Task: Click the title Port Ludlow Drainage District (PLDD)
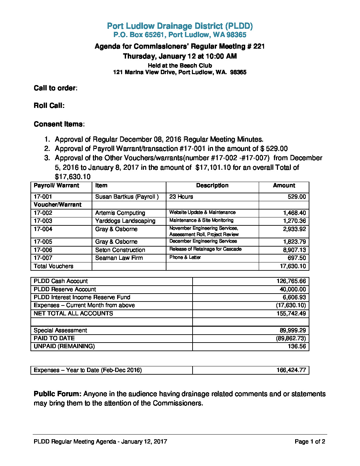coord(180,26)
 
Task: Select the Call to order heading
coord(55,88)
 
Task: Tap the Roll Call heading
coord(49,106)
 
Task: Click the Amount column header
coord(284,186)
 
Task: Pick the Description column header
coord(212,186)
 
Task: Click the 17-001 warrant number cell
coord(43,197)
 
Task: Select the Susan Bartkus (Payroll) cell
coord(127,197)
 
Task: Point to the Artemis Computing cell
coord(120,213)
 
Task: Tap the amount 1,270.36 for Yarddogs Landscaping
coord(294,221)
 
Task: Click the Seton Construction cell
coord(120,250)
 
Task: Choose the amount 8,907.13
coord(294,250)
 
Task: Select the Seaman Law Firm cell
coord(119,258)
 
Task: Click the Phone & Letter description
coord(185,257)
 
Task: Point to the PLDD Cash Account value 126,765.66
coord(291,281)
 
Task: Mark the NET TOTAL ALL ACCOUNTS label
coord(73,313)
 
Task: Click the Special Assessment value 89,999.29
coord(293,330)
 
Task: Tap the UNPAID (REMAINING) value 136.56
coord(297,346)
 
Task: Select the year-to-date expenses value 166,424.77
coord(291,370)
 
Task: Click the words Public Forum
coord(57,394)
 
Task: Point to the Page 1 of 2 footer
coord(310,442)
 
